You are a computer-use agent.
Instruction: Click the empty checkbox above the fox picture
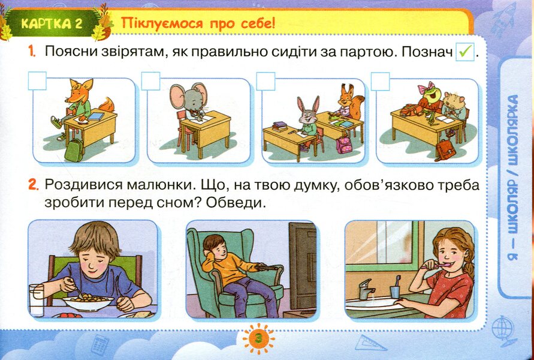point(37,80)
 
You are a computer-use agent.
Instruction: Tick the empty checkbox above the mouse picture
point(150,80)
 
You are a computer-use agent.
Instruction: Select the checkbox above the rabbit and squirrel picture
point(266,80)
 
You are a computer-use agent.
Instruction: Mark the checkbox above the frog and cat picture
point(380,80)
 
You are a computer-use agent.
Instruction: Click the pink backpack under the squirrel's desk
point(344,145)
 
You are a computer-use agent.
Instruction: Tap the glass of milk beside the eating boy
point(37,299)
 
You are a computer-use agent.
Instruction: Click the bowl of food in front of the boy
point(89,302)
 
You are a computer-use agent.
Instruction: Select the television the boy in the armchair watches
point(301,265)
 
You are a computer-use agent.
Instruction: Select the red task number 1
point(32,52)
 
